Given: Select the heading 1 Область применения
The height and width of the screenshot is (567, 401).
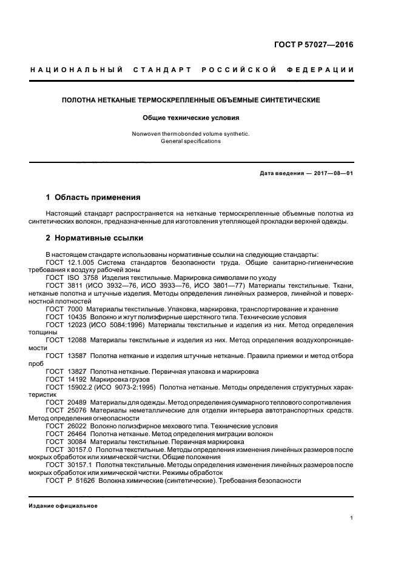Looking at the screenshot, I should coord(93,197).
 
